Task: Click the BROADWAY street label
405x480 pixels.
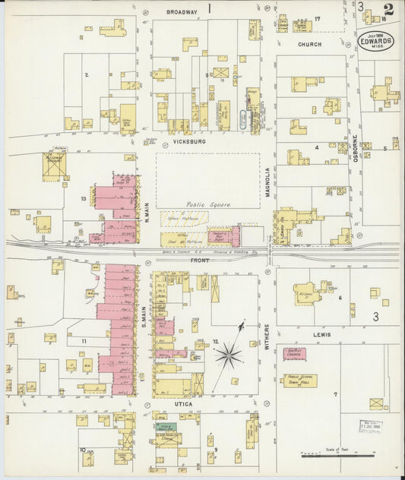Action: (x=182, y=12)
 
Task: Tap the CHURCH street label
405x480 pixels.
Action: (x=309, y=45)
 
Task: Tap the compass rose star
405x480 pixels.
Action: (x=227, y=354)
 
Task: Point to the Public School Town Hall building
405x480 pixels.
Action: (x=299, y=380)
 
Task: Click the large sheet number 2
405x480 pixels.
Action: (x=388, y=10)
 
